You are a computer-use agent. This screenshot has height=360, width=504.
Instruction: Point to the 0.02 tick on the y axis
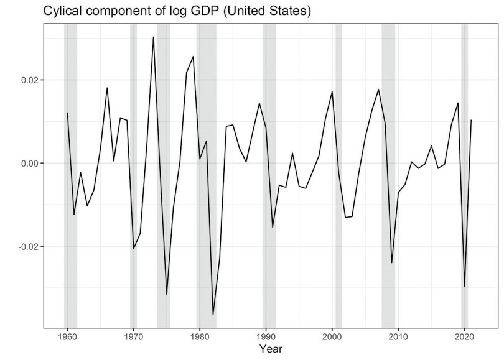29,80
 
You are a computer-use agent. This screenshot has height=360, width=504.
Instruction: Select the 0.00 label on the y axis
29,163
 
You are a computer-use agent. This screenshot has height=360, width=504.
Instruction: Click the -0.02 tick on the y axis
27,246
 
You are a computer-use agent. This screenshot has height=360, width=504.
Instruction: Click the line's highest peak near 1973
153,37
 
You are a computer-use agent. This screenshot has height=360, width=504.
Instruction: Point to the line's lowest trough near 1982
213,315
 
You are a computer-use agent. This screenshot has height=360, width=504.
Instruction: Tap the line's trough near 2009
391,262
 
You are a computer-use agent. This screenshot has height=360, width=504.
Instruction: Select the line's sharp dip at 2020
464,286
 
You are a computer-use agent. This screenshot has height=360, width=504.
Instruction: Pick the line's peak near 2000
332,92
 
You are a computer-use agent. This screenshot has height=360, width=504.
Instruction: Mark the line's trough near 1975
166,294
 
